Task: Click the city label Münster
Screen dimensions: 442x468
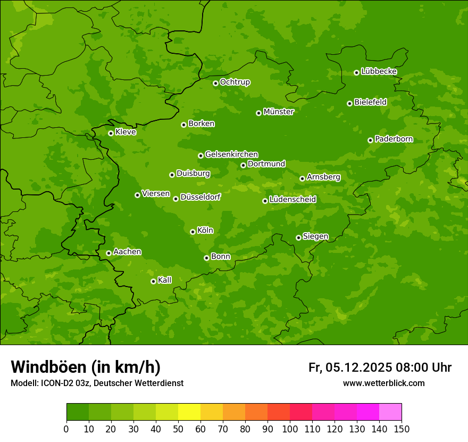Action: tap(278, 112)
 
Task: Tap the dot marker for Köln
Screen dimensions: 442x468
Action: tap(193, 232)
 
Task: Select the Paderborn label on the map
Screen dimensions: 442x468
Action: tap(394, 139)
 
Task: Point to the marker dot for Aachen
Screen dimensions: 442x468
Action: tap(108, 253)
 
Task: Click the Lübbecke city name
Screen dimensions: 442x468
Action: tap(379, 71)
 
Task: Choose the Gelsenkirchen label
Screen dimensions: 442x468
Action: tap(231, 154)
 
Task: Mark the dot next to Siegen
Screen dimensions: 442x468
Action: tap(298, 238)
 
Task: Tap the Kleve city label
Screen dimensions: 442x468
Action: tap(126, 132)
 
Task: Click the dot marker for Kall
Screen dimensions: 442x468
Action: tap(153, 281)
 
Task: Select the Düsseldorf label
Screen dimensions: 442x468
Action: tap(200, 197)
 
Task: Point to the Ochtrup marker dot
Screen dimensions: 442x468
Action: tap(215, 83)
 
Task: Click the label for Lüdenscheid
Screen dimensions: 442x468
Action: tap(292, 200)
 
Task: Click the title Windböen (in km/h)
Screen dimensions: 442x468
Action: tap(86, 367)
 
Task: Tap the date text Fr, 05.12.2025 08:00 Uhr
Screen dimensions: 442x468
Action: tap(380, 367)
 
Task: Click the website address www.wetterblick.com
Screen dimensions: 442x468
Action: tap(383, 383)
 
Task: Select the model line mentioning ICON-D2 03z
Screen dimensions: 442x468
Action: tap(97, 383)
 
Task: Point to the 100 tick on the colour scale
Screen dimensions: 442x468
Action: tap(289, 429)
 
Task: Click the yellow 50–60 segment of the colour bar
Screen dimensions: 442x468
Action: tap(189, 412)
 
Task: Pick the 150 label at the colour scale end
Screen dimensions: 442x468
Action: tap(401, 429)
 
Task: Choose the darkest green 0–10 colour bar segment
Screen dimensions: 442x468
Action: tap(78, 412)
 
